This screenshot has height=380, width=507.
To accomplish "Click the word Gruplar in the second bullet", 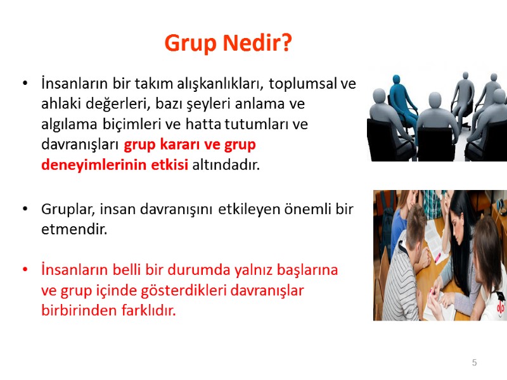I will [67, 209].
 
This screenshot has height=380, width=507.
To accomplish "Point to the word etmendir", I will [70, 229].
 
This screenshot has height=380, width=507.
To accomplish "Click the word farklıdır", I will [143, 311].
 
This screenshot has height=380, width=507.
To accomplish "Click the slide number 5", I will [474, 363].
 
